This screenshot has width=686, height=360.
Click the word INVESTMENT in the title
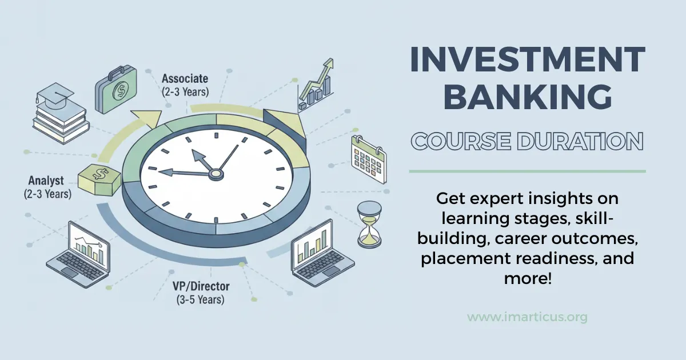[x=527, y=59]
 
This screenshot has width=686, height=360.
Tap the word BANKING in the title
[x=527, y=98]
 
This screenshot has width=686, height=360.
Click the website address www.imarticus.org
[x=527, y=317]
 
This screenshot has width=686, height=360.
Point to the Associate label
[x=185, y=78]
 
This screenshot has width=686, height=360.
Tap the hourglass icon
[x=369, y=224]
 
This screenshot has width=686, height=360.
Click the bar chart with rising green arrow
[x=316, y=85]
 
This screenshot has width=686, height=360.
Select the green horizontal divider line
[x=527, y=171]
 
